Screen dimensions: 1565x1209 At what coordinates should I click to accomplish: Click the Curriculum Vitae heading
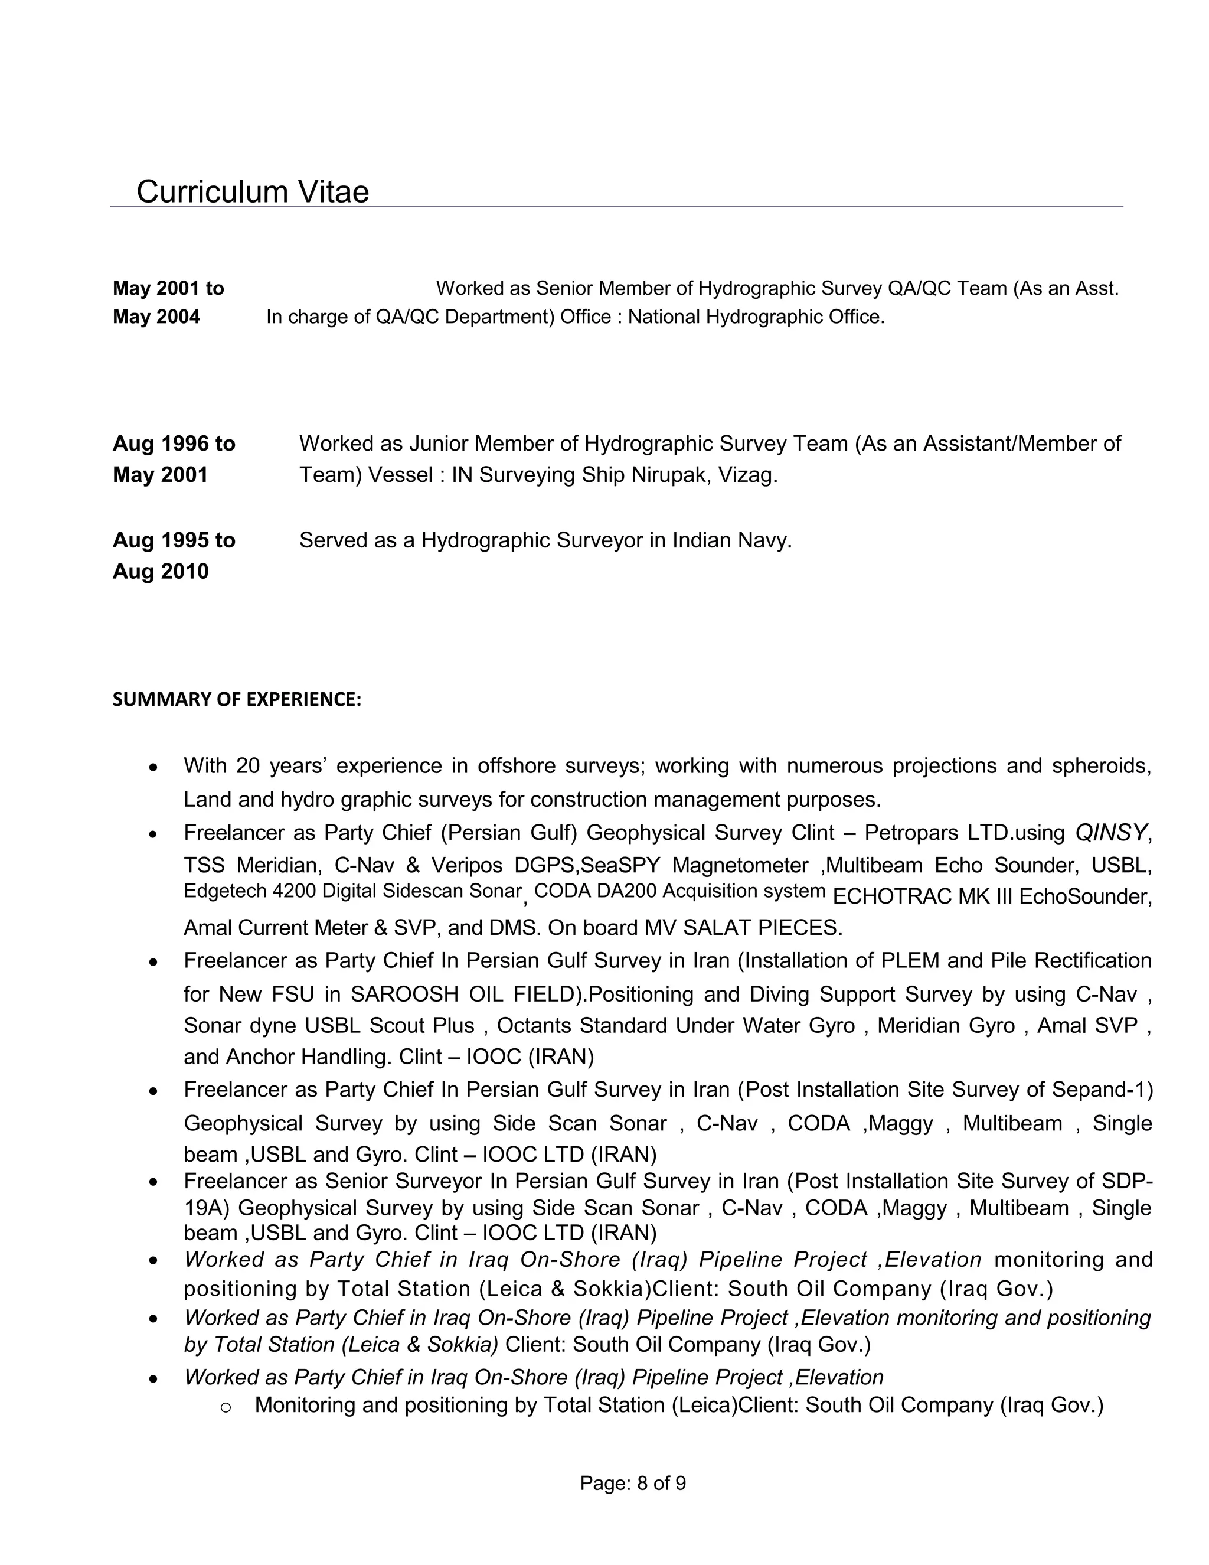252,192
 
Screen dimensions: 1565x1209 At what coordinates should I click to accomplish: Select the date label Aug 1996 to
174,444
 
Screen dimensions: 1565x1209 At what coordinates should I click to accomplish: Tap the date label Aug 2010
161,571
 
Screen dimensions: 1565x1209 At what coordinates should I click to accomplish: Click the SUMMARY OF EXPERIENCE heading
236,699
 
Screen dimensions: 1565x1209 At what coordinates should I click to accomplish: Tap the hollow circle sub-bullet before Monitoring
226,1407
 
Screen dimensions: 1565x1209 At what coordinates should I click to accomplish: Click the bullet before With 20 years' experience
152,768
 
